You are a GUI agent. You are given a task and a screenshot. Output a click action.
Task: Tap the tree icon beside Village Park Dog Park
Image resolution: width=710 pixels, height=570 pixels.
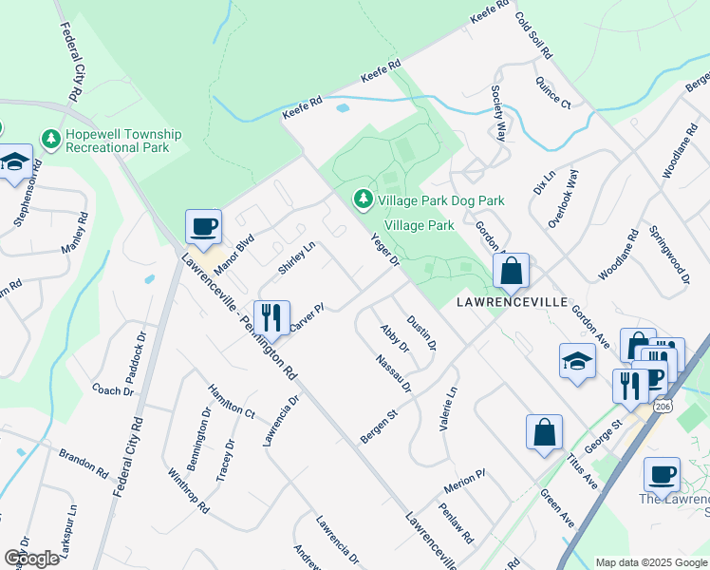pos(362,199)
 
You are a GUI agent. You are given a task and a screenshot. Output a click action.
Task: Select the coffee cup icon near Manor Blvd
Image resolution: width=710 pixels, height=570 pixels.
pos(203,228)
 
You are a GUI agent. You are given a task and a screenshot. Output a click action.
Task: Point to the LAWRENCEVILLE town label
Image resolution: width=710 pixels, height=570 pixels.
pos(512,302)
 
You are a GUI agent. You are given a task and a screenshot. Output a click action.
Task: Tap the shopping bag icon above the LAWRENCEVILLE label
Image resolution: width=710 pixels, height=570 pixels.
pos(511,272)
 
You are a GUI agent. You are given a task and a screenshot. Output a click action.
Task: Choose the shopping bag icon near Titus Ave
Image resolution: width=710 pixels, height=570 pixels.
pos(545,432)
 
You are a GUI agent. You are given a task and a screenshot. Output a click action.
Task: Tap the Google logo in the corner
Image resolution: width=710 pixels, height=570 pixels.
pos(31,559)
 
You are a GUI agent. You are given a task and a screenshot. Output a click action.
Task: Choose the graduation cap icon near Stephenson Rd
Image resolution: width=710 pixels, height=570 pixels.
pos(16,163)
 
